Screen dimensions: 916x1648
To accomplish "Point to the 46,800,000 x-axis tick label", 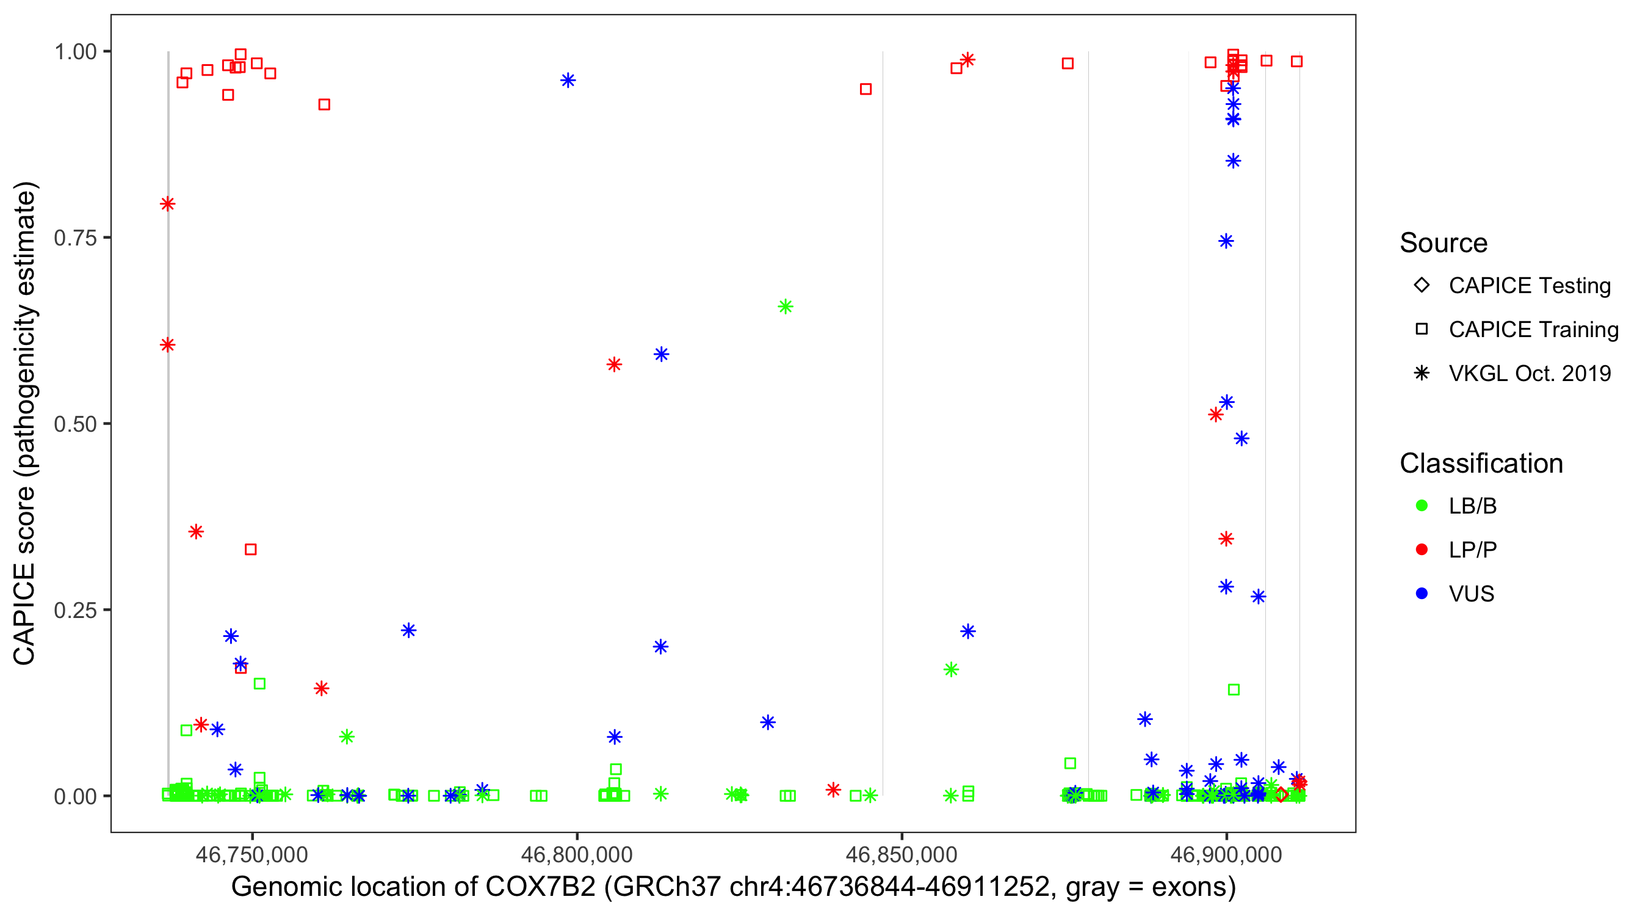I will click(576, 854).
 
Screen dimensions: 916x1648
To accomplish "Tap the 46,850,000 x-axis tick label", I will click(902, 854).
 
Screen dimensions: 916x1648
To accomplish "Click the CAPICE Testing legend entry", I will click(1529, 286).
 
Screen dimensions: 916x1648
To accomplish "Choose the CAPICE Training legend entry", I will click(1533, 330).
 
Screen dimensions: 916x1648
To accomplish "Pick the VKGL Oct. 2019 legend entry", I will click(1529, 374).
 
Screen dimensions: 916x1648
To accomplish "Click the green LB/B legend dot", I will click(1422, 506).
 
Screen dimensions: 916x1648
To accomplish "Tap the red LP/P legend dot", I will click(1422, 550).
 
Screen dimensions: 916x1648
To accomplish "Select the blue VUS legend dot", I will click(1422, 594).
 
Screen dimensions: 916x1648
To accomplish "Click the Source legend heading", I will click(1444, 243).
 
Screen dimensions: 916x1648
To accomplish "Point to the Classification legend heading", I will click(1480, 463).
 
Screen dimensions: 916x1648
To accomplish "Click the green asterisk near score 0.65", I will click(785, 307).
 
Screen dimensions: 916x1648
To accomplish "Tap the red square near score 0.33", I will click(251, 549).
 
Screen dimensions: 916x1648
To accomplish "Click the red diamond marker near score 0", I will click(1281, 794).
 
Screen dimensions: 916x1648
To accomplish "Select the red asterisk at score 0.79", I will click(168, 204).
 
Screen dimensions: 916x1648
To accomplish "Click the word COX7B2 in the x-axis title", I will click(540, 887).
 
